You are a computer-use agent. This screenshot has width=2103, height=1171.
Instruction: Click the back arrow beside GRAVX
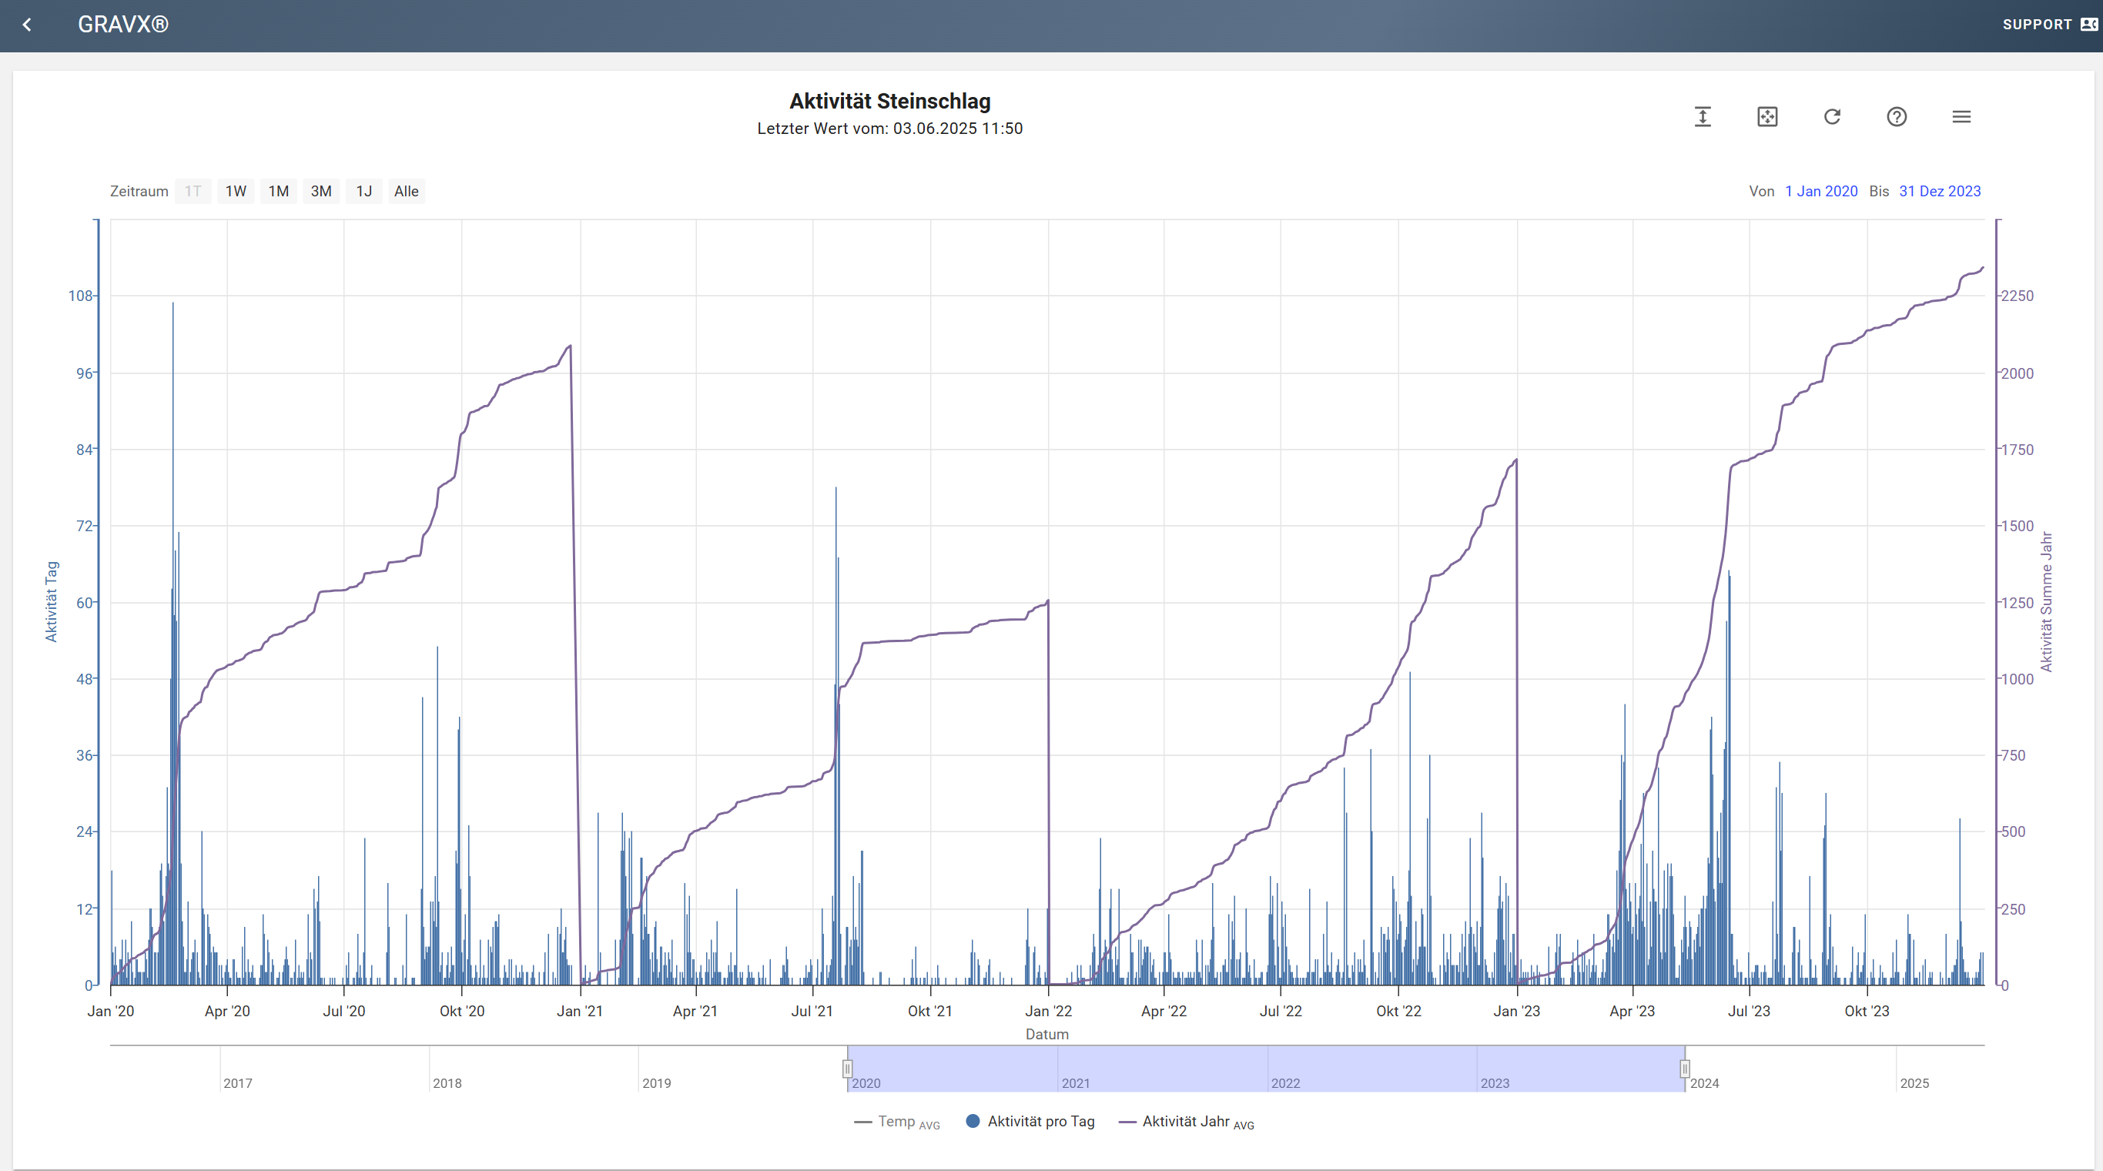click(27, 25)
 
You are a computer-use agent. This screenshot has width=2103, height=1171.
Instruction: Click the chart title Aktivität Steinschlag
click(890, 101)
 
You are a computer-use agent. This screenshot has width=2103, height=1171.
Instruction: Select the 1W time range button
click(236, 191)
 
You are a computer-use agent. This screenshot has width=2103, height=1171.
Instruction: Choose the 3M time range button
click(321, 191)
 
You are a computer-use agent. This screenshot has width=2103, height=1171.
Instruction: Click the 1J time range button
click(364, 191)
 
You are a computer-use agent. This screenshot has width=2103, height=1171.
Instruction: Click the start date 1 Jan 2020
click(1820, 191)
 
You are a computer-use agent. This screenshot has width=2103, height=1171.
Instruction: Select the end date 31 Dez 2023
click(1940, 191)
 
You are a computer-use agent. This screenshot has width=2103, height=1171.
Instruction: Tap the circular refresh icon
click(1832, 117)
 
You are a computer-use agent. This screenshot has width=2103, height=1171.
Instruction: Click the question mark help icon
click(1897, 117)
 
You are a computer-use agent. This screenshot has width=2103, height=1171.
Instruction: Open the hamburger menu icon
click(1961, 117)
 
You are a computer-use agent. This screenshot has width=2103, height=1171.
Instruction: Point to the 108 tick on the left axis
click(81, 296)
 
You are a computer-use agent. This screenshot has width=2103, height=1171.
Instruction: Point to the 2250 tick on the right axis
click(2017, 296)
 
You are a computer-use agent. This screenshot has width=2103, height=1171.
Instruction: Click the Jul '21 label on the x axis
click(812, 1011)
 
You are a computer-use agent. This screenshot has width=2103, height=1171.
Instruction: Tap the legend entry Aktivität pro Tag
click(1030, 1121)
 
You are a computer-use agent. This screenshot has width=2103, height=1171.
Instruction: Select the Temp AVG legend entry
click(897, 1122)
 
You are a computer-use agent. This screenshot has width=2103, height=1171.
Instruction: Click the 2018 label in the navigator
click(447, 1083)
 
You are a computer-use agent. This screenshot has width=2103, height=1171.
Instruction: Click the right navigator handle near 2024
click(1684, 1068)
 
